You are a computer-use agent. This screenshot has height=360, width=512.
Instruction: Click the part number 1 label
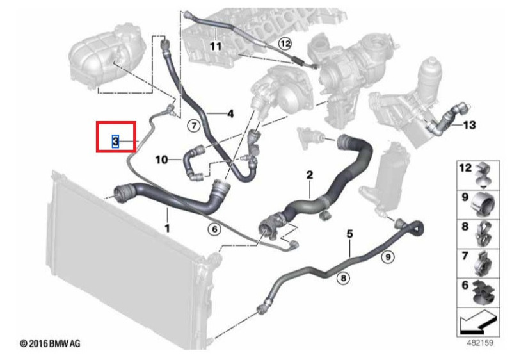(x=167, y=228)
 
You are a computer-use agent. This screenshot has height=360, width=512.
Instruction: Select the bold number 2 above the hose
(x=310, y=175)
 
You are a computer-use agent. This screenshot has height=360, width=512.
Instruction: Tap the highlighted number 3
(x=115, y=142)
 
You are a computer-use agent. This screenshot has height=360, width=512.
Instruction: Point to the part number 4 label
(x=230, y=114)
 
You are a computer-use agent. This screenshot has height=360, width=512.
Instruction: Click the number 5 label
(x=349, y=234)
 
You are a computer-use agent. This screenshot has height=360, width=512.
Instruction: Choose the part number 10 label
(x=162, y=160)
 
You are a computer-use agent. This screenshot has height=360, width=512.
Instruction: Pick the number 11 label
(x=216, y=46)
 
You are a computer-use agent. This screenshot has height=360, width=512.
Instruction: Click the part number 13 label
(x=470, y=125)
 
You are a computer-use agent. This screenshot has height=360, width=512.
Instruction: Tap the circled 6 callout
(x=214, y=229)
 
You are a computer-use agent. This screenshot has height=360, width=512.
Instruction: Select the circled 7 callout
(x=194, y=126)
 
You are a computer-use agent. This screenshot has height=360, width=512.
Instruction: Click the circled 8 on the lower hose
(x=343, y=279)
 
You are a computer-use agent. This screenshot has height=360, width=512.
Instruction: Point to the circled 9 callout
(x=388, y=257)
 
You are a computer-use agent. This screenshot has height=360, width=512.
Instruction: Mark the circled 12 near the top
(x=285, y=44)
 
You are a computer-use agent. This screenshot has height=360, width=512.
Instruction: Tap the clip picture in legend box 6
(x=484, y=291)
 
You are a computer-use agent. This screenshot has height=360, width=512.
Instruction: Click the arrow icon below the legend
(x=477, y=322)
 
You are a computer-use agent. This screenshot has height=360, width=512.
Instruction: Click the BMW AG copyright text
(x=50, y=344)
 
